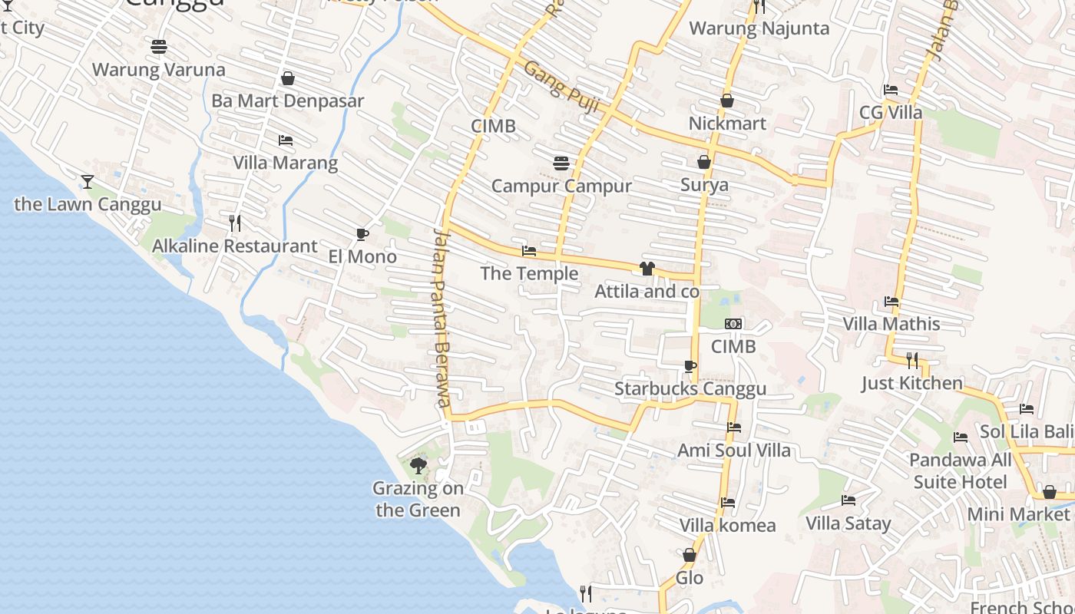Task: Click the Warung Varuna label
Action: click(159, 70)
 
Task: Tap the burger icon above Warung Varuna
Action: click(159, 47)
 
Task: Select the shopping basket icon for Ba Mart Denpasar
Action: click(288, 78)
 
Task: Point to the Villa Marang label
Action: click(285, 163)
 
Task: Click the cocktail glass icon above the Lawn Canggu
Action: click(88, 181)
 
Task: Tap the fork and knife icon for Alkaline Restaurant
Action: click(235, 223)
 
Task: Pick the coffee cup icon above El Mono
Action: click(362, 234)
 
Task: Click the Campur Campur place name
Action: click(561, 186)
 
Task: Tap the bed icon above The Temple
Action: click(529, 251)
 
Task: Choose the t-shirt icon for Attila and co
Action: click(647, 269)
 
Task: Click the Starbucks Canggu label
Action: click(690, 389)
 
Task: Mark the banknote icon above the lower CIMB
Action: click(733, 324)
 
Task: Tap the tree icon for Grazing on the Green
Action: click(418, 465)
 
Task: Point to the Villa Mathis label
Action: click(891, 324)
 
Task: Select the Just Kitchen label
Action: click(911, 383)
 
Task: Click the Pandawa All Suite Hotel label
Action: click(960, 470)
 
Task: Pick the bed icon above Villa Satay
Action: click(848, 500)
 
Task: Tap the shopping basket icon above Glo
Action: click(690, 555)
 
